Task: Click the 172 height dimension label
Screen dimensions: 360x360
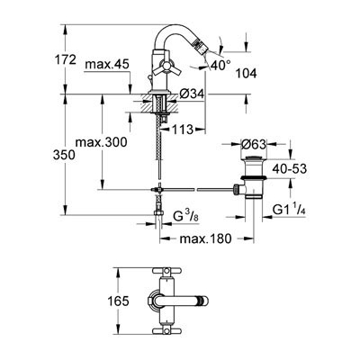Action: pyautogui.click(x=66, y=60)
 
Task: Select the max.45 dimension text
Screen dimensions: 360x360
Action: pyautogui.click(x=107, y=64)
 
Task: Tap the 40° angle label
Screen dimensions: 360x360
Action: pyautogui.click(x=220, y=65)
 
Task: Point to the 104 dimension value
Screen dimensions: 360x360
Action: pyautogui.click(x=246, y=74)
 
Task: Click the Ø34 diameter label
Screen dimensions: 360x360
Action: pyautogui.click(x=192, y=94)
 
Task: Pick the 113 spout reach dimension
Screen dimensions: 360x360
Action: pyautogui.click(x=182, y=130)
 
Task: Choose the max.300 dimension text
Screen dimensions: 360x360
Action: pyautogui.click(x=101, y=142)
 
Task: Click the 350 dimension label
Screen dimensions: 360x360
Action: pyautogui.click(x=64, y=155)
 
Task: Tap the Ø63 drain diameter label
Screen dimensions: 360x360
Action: pyautogui.click(x=254, y=145)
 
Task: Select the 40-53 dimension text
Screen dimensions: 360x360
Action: pyautogui.click(x=290, y=169)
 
